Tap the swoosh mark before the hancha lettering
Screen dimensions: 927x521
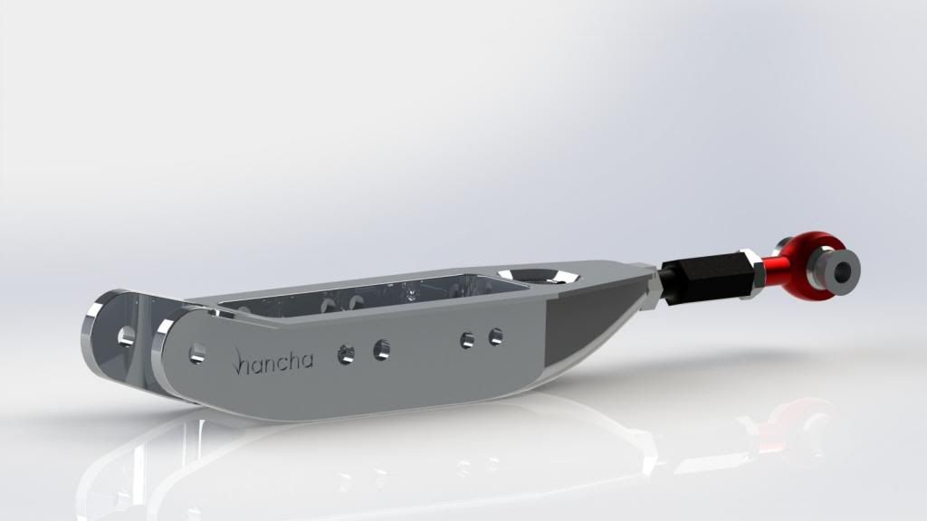tap(236, 361)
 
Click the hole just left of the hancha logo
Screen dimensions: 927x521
tap(196, 354)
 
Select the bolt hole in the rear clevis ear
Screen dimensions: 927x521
tap(126, 336)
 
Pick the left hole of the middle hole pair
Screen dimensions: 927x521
tap(347, 355)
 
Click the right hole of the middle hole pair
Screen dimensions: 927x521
tap(381, 350)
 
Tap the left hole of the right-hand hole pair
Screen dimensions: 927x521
tap(467, 340)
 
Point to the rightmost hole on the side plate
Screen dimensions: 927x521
tap(495, 336)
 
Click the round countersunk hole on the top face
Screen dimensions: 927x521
tap(537, 276)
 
